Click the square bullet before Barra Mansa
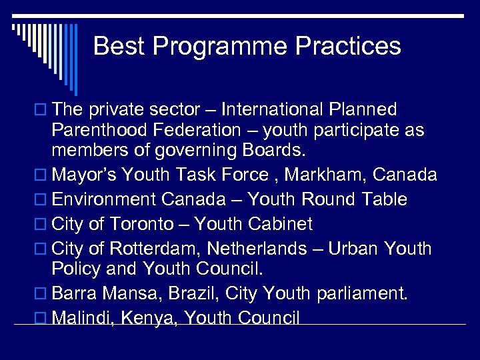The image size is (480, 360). point(41,294)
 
